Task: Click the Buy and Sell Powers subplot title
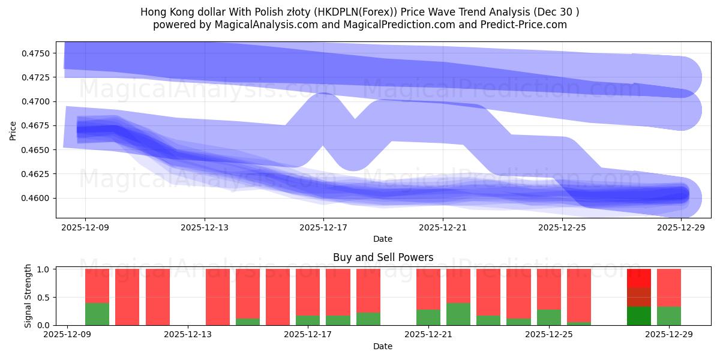click(x=383, y=257)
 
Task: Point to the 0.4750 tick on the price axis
click(x=38, y=53)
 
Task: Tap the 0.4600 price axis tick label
click(x=38, y=198)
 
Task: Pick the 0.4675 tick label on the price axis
click(x=38, y=126)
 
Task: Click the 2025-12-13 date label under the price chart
click(x=204, y=227)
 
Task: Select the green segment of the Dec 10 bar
click(x=97, y=314)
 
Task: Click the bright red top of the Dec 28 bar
click(x=639, y=278)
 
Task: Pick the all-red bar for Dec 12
click(x=158, y=297)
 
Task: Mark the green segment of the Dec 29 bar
click(x=669, y=316)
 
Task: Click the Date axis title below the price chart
click(x=383, y=239)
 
